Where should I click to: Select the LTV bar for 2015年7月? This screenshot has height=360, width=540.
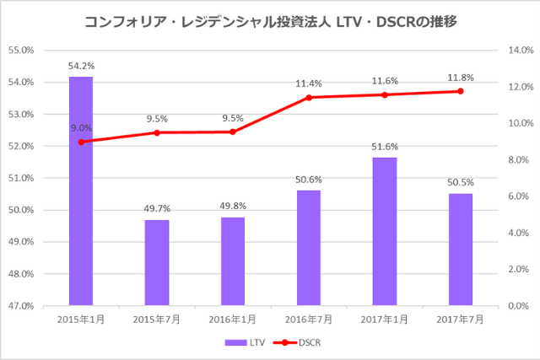pos(157,263)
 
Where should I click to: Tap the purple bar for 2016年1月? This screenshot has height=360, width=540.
pos(233,261)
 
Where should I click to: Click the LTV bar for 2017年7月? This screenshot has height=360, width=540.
pos(461,250)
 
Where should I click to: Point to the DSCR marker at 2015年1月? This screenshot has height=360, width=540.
pos(81,142)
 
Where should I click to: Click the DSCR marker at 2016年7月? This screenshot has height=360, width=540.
pos(309,98)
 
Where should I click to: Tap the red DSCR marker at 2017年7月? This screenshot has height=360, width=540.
pos(461,91)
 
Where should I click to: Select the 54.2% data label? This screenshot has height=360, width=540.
pos(81,65)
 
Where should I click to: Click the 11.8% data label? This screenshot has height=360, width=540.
pos(461,78)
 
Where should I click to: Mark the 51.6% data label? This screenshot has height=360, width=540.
pos(385,146)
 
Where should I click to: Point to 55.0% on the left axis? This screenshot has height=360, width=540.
pos(20,51)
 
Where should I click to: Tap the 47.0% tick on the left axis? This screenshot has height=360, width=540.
pos(20,306)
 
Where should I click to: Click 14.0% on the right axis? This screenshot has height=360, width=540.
pos(516,51)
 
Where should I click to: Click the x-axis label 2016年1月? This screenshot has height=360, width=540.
pos(233,320)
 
